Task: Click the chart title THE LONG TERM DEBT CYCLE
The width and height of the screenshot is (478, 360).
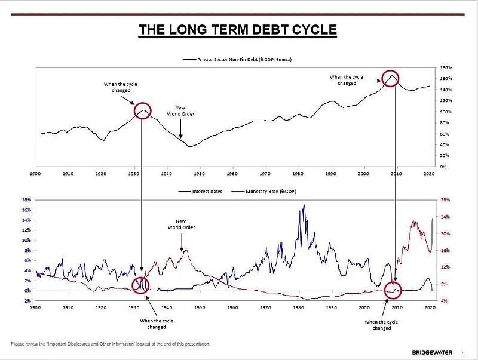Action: [x=238, y=30]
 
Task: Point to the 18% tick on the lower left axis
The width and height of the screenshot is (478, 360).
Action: [x=26, y=200]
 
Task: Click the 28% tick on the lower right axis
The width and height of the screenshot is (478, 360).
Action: [x=445, y=200]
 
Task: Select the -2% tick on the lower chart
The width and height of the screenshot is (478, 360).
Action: [x=26, y=301]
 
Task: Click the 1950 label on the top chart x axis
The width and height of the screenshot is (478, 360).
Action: [x=199, y=174]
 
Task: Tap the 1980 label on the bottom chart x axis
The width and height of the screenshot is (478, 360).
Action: [x=298, y=307]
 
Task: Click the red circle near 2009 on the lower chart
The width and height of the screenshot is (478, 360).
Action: [x=393, y=290]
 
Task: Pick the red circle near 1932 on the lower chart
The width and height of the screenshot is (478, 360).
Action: [x=141, y=285]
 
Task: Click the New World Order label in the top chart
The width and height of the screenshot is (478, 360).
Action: [x=180, y=111]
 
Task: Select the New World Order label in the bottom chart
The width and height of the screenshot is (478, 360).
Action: [x=181, y=224]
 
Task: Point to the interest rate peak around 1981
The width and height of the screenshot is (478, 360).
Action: [x=305, y=204]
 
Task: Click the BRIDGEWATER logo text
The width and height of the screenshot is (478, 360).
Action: [x=429, y=352]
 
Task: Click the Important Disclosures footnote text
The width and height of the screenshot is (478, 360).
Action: [x=111, y=344]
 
